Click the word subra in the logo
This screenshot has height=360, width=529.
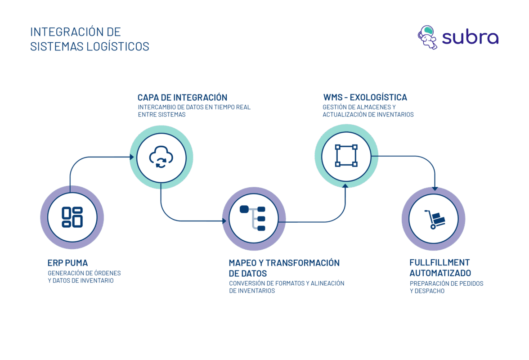[x=470, y=38]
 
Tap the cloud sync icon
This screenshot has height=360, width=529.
[x=161, y=157]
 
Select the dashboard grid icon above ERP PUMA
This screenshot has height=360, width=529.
[x=72, y=217]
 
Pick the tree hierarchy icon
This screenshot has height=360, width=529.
[x=253, y=218]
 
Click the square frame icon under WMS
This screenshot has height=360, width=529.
[x=346, y=156]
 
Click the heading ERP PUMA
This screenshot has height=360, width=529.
[x=67, y=263]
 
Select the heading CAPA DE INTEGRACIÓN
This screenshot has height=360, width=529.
[x=182, y=98]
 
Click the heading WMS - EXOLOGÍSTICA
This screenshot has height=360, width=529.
[x=365, y=98]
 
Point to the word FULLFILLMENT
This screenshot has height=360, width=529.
[x=433, y=262]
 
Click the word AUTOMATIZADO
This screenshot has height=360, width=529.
[x=440, y=273]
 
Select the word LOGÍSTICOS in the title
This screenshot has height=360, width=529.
[x=119, y=46]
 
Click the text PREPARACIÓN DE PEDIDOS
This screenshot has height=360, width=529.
[x=446, y=283]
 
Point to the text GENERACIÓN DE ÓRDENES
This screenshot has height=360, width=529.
[x=84, y=273]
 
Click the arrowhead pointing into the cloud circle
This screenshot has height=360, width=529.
[x=132, y=157]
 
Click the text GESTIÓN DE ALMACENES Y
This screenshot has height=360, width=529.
[x=359, y=108]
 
